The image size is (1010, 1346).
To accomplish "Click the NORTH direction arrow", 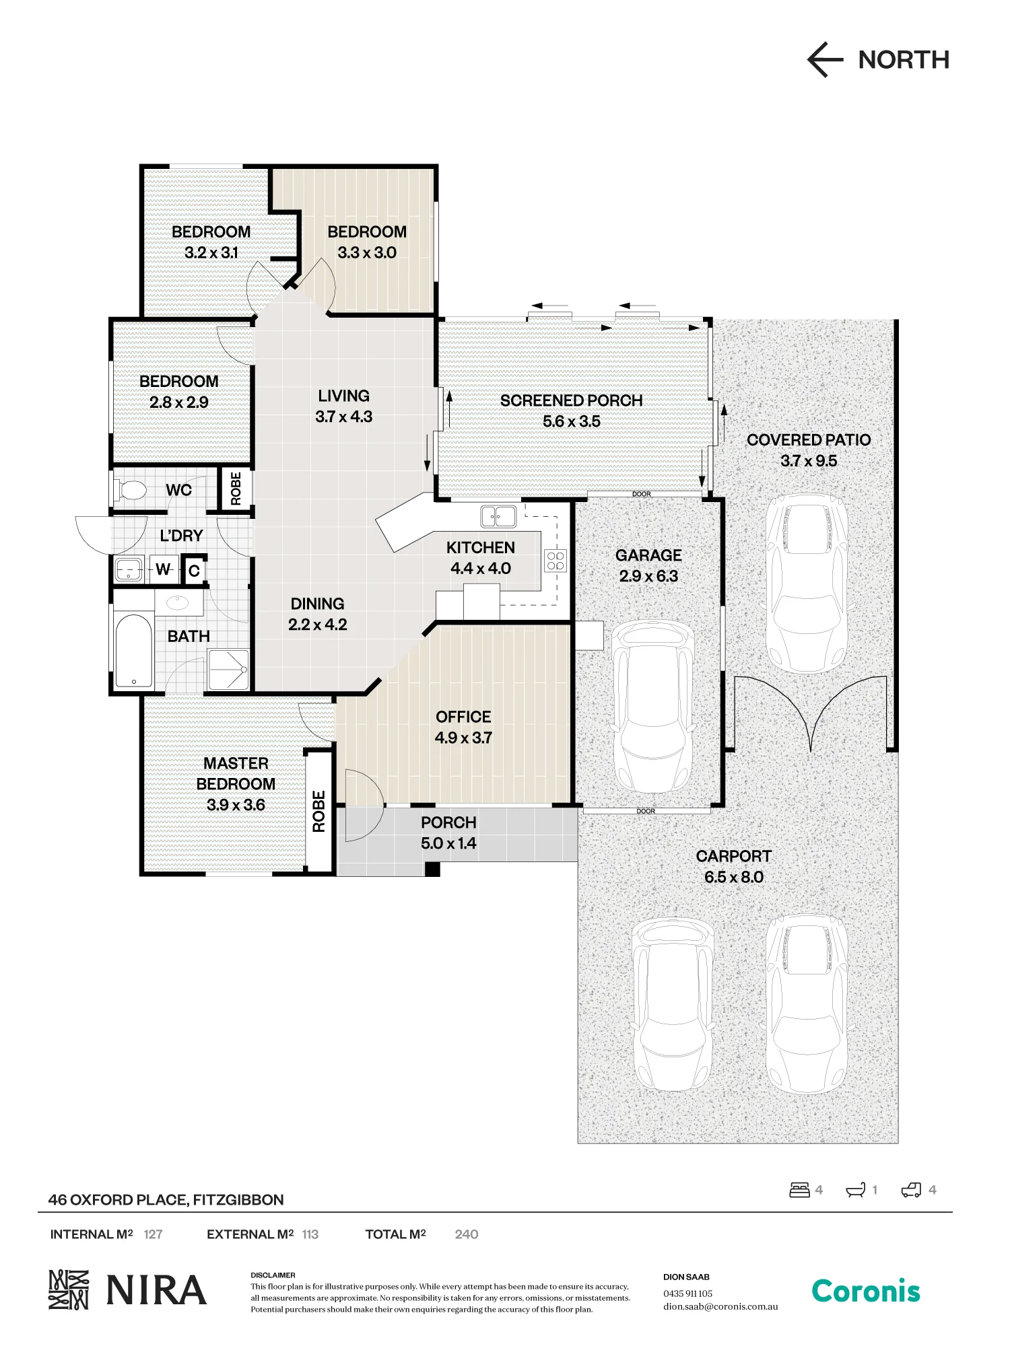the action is [x=826, y=60].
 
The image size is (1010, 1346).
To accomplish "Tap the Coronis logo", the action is [x=866, y=1291].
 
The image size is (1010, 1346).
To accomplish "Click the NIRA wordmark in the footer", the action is [x=156, y=1290].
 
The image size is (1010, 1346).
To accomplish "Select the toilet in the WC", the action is [x=129, y=489].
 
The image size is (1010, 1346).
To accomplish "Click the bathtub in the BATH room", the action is [x=133, y=651].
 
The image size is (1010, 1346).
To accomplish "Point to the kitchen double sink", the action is [x=498, y=516].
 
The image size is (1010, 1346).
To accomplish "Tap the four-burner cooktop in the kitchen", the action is [x=555, y=561].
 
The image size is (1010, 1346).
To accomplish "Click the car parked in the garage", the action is [x=652, y=707].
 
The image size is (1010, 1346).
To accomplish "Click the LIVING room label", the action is [x=343, y=396].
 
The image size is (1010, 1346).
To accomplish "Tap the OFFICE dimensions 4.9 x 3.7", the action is [x=463, y=738].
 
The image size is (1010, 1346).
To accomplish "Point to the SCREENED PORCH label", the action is [x=571, y=400].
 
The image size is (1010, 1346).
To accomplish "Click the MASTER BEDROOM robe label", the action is [x=319, y=811].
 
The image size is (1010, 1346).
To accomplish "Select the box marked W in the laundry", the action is [x=163, y=569].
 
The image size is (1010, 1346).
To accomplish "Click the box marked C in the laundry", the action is [x=194, y=571].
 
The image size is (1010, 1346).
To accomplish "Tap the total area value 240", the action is [x=466, y=1234].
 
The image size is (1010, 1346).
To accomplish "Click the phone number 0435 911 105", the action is [x=687, y=1294].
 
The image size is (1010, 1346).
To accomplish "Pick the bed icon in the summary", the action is [x=799, y=1190].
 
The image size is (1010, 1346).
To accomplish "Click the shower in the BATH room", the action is [x=228, y=670].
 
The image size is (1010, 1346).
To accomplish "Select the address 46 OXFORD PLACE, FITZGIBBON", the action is [x=166, y=1200].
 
